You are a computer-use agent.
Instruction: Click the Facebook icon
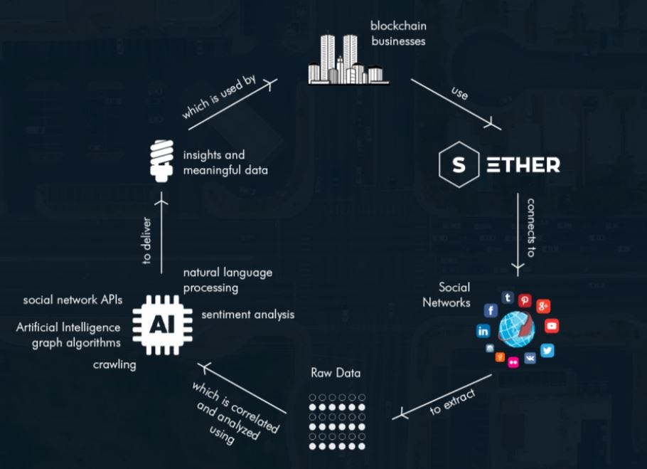[490, 310]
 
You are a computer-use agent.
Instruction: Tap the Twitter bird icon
[547, 350]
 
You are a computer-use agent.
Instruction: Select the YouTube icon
[551, 326]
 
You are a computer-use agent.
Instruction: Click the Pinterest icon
[525, 300]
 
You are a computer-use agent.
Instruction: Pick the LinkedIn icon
[483, 331]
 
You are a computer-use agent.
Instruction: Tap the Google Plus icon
[544, 306]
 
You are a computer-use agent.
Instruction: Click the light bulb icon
[162, 158]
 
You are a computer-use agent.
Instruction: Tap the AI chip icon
[161, 324]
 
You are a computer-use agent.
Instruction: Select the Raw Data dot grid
[337, 421]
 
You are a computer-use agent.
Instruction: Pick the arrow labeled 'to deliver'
[163, 231]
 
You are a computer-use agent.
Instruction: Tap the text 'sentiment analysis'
[247, 314]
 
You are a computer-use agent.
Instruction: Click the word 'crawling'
[114, 364]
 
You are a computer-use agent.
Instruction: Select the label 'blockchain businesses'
[397, 33]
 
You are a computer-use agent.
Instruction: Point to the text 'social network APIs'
[73, 300]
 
